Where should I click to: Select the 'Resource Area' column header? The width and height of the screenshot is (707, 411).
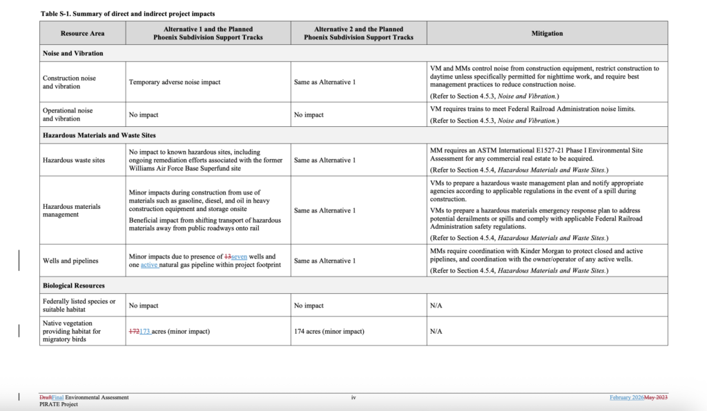click(x=82, y=33)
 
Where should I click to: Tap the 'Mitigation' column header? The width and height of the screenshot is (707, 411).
click(x=547, y=33)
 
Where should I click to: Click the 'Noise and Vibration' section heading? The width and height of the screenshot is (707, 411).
click(x=73, y=52)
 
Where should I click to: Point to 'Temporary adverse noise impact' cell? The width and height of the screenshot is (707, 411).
click(x=175, y=82)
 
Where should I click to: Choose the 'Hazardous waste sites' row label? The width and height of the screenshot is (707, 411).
click(x=74, y=160)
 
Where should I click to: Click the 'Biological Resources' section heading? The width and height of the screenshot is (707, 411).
click(x=74, y=285)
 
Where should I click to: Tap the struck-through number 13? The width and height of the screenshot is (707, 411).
click(x=227, y=257)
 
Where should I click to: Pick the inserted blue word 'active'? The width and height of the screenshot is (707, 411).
click(x=150, y=265)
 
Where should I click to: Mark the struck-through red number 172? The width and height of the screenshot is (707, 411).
click(x=134, y=332)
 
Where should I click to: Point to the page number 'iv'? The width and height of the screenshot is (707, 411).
click(x=353, y=397)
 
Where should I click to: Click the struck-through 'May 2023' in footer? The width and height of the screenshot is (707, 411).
click(x=656, y=397)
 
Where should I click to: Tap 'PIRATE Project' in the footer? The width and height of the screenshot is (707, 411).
click(x=59, y=404)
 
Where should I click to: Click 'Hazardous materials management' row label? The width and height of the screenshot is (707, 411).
click(x=71, y=210)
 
